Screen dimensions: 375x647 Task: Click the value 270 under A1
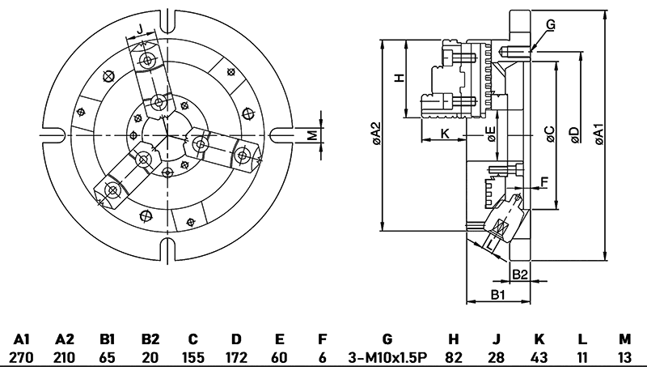coord(22,357)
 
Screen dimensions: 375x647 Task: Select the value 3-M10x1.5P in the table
coord(386,357)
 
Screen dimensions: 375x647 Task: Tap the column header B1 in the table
coord(106,339)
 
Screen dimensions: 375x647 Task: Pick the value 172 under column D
coord(235,357)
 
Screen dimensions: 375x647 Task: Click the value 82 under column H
coord(453,357)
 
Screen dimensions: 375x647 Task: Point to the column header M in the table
coord(624,339)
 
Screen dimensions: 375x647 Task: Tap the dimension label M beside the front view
coord(311,134)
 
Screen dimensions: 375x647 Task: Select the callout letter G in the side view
coord(551,25)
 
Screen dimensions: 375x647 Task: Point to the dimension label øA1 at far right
coord(598,134)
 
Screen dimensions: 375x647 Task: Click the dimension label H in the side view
coord(398,79)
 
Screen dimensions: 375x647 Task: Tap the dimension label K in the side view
coord(444,132)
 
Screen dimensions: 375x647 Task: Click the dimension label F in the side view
coord(543,182)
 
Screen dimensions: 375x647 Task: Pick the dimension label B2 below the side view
coord(519,274)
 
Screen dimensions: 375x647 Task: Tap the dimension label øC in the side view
coord(550,134)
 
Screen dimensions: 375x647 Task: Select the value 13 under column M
coord(624,357)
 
